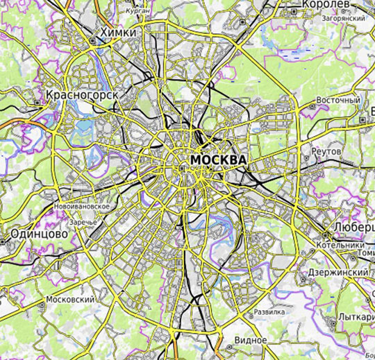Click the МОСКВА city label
[217, 160]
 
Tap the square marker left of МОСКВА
[182, 168]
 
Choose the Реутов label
[327, 151]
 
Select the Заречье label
[83, 222]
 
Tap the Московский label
[69, 300]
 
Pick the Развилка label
[269, 312]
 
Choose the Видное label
[251, 341]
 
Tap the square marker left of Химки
[93, 40]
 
